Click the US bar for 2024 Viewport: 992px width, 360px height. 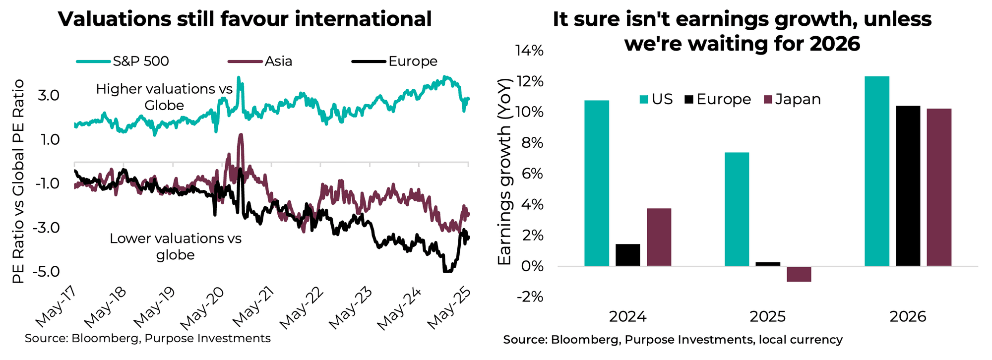(x=597, y=183)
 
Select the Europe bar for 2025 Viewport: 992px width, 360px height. (x=768, y=264)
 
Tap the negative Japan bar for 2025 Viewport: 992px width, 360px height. (x=799, y=274)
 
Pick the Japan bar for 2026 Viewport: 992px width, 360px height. (x=939, y=187)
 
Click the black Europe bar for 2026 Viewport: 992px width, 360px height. (x=908, y=186)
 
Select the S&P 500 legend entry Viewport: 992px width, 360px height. (x=123, y=61)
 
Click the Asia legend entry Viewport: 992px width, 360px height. (x=260, y=61)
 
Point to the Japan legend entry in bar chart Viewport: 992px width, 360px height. (x=793, y=99)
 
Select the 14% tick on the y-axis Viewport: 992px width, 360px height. (x=530, y=51)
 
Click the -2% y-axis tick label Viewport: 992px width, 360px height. (x=530, y=297)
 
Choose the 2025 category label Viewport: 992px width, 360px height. (x=767, y=317)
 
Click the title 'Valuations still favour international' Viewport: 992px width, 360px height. (x=245, y=19)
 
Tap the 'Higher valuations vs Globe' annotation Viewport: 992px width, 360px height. (x=164, y=97)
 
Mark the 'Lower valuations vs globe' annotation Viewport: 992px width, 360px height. (x=175, y=246)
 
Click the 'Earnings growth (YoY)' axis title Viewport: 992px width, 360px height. (x=504, y=171)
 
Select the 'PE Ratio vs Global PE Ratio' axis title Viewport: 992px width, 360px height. (x=18, y=181)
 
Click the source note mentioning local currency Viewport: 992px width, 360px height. (x=673, y=340)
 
